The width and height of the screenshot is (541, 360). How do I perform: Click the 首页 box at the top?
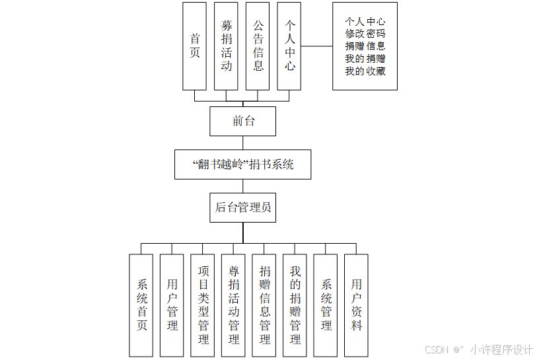tap(194, 46)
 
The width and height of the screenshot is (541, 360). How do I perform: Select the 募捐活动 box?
tap(226, 46)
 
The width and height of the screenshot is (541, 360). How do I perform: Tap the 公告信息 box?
tap(258, 46)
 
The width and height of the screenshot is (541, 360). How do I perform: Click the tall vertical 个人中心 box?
tap(289, 46)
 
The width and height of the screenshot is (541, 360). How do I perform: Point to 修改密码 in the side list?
tap(365, 34)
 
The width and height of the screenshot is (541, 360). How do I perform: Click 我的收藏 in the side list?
tap(365, 71)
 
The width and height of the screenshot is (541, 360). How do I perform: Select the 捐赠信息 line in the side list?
tap(365, 46)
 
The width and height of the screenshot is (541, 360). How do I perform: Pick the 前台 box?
tap(242, 121)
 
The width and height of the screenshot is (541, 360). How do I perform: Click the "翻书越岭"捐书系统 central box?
tap(242, 164)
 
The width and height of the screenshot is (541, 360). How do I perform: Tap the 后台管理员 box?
tap(242, 207)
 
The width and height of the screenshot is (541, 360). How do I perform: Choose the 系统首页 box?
tap(141, 305)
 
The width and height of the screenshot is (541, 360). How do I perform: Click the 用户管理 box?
tap(172, 305)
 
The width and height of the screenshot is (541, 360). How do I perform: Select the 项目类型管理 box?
tap(203, 305)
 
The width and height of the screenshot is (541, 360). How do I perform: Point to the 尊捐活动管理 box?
tap(234, 305)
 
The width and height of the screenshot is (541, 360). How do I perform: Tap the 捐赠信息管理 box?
tap(264, 305)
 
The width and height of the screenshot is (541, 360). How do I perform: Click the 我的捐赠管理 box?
tap(295, 305)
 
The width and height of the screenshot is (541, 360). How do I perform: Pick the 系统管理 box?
tap(326, 305)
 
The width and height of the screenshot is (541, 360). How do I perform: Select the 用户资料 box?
tap(357, 305)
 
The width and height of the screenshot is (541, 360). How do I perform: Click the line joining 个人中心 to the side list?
tap(317, 46)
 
